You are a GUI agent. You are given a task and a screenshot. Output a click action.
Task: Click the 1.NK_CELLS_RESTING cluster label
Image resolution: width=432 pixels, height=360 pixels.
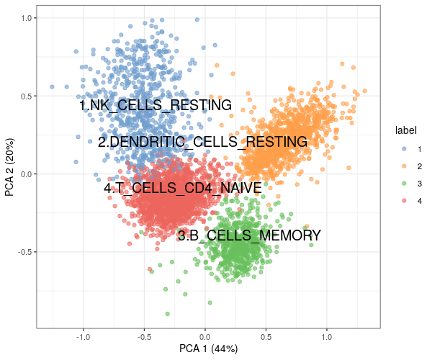point(156,106)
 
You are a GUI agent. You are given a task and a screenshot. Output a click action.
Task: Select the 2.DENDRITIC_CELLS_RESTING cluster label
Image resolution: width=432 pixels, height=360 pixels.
point(202,143)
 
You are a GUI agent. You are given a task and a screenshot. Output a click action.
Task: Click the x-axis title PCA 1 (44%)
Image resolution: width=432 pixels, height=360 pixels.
point(208,349)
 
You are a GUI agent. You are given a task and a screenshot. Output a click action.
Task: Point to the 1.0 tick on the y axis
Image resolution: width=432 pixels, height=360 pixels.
point(26,18)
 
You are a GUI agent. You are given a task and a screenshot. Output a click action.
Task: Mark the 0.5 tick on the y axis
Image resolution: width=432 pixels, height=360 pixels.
point(26,96)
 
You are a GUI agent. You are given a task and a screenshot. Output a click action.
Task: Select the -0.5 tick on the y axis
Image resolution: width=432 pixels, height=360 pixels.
point(24,252)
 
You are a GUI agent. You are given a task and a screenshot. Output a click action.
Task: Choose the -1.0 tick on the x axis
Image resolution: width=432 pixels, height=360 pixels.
point(84,336)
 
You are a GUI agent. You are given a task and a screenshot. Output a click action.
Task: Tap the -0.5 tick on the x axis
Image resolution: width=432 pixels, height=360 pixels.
point(144,336)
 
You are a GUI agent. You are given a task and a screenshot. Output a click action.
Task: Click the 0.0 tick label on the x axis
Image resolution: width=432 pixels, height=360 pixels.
point(205,336)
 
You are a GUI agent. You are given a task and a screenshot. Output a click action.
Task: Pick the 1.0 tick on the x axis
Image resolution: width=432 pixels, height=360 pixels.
point(327,336)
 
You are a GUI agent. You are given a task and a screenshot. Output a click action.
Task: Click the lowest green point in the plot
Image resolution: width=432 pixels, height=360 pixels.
point(168,314)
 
